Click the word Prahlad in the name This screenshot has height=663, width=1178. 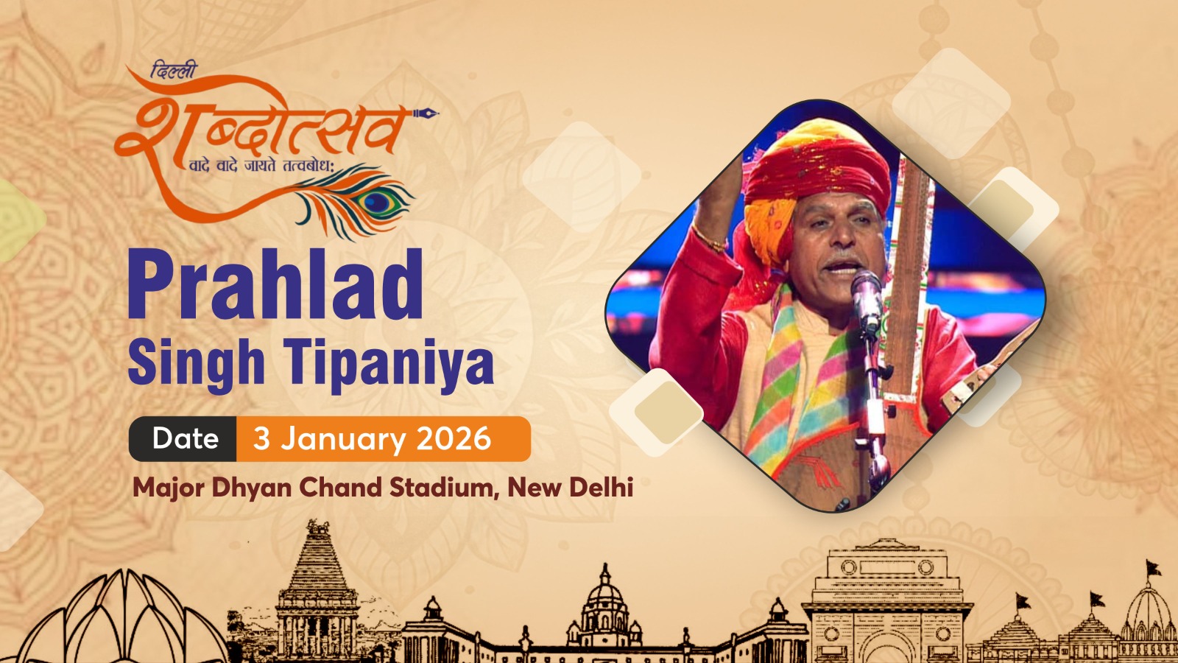(275, 284)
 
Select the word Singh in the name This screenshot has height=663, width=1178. (196, 364)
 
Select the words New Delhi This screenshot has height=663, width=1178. (570, 488)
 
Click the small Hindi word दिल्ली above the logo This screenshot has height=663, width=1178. (174, 71)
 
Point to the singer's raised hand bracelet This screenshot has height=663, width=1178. (710, 239)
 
